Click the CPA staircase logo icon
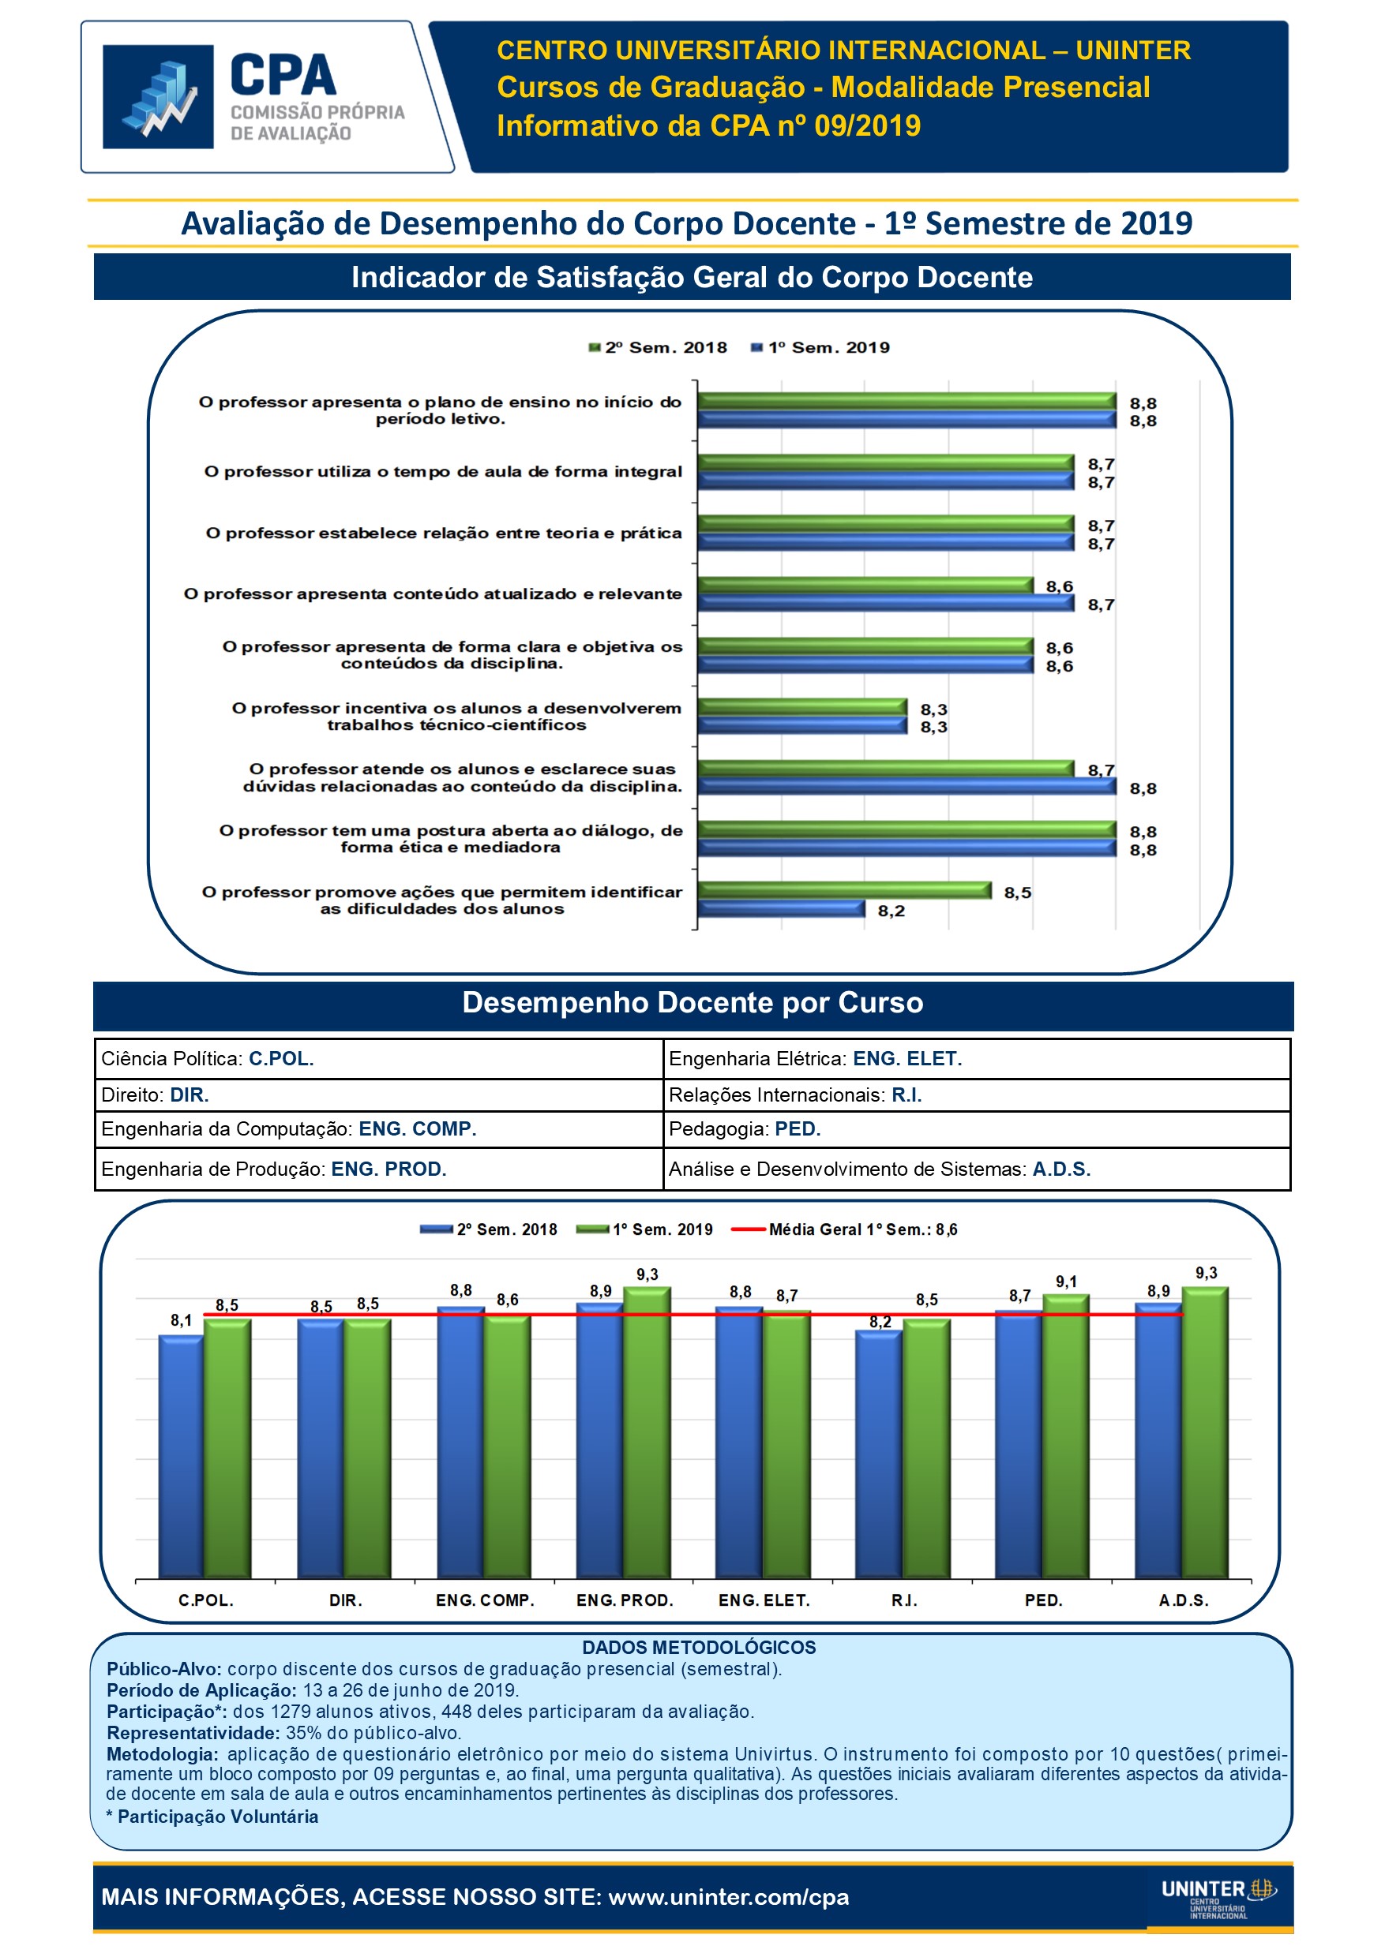pyautogui.click(x=158, y=96)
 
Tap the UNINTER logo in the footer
pyautogui.click(x=1218, y=1898)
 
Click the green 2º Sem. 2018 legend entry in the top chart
pyautogui.click(x=658, y=348)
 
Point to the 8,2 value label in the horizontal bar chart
pyautogui.click(x=891, y=911)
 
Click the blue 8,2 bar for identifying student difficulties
pyautogui.click(x=780, y=908)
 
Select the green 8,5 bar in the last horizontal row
pyautogui.click(x=844, y=891)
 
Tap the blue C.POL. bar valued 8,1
pyautogui.click(x=181, y=1457)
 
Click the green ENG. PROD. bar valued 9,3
pyautogui.click(x=647, y=1432)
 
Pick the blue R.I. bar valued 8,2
pyautogui.click(x=878, y=1454)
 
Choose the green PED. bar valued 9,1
pyautogui.click(x=1065, y=1436)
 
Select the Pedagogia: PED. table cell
pyautogui.click(x=976, y=1129)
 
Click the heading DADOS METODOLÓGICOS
pyautogui.click(x=699, y=1648)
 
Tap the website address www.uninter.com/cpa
pyautogui.click(x=728, y=1897)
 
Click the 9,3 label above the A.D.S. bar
pyautogui.click(x=1206, y=1274)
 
